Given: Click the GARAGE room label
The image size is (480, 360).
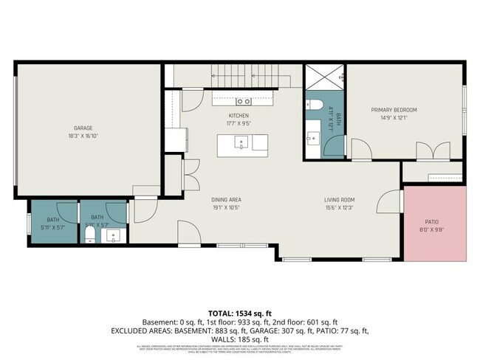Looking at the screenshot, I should pos(82,128).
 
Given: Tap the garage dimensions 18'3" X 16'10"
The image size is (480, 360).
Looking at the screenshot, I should pos(82,136).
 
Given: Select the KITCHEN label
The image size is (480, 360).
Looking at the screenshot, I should pos(238,116).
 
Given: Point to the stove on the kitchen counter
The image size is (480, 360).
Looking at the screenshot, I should pos(243,101).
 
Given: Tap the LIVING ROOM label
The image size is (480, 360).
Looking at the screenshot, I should pos(340,200).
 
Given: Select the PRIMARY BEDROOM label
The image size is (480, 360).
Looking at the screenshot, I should pos(394,109).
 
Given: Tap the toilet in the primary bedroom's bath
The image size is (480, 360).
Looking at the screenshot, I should pos(313,104).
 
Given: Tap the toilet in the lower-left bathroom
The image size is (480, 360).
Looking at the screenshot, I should pos(89,235).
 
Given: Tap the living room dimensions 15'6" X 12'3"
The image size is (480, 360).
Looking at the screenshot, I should pos(340,208).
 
